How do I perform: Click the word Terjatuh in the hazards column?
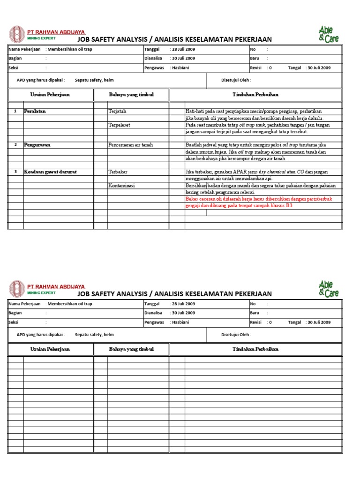pos(117,112)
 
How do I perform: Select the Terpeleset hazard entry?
pos(119,125)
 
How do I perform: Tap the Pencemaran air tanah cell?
pos(131,145)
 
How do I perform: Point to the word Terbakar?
pos(118,172)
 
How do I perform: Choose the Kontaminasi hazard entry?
pos(121,186)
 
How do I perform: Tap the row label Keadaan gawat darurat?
pos(50,172)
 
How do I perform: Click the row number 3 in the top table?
pos(15,172)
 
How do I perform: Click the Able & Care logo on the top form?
pos(328,34)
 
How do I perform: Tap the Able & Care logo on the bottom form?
pos(328,289)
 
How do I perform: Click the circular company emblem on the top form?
pos(16,34)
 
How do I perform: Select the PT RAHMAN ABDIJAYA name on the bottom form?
pos(56,286)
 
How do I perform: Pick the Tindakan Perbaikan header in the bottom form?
pos(255,349)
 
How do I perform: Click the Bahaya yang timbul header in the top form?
pos(131,95)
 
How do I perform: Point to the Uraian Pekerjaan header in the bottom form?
pos(50,349)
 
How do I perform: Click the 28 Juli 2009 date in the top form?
pos(183,49)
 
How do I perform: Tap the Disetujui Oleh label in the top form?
pos(236,80)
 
